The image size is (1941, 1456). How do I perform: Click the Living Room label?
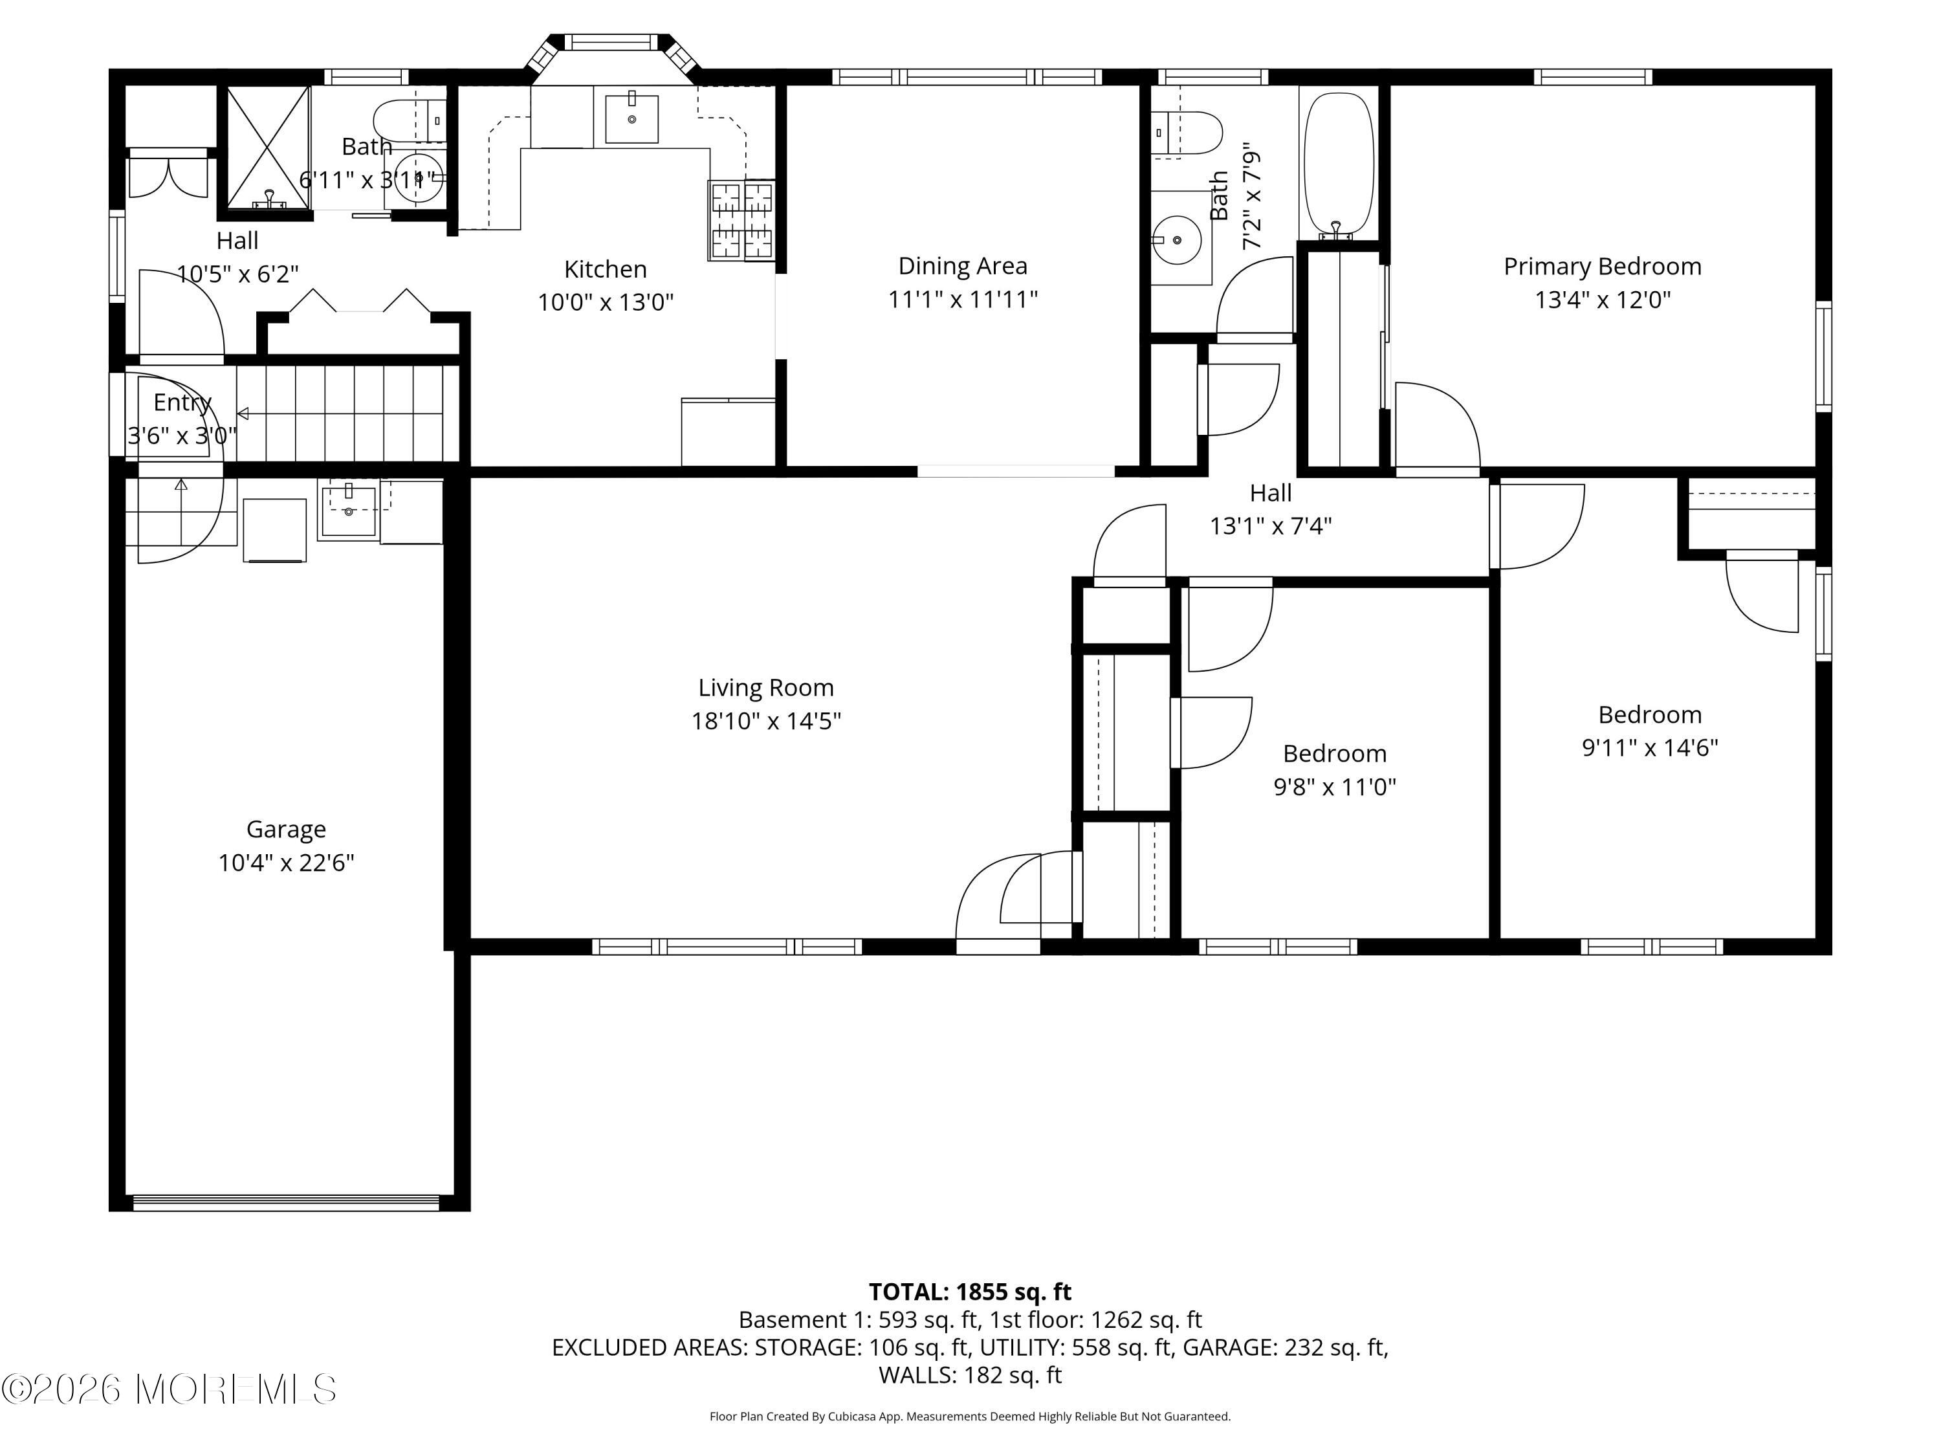click(x=766, y=688)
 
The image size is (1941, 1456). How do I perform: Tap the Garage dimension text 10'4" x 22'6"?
click(x=286, y=863)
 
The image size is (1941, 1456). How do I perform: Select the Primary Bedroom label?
click(x=1602, y=267)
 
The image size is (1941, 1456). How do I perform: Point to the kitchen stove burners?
click(x=741, y=220)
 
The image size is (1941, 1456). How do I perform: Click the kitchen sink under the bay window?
click(x=631, y=119)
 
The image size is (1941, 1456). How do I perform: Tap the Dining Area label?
click(x=963, y=266)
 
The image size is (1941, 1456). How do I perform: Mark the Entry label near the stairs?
click(x=182, y=403)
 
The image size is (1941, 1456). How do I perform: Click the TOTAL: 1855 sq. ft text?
click(x=970, y=1292)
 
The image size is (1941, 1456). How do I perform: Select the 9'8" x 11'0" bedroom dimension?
click(x=1335, y=786)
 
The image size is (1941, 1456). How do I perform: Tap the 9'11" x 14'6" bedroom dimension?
click(x=1650, y=748)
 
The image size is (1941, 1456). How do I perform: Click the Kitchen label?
click(x=606, y=269)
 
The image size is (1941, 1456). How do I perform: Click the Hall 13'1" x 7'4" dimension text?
click(x=1271, y=525)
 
